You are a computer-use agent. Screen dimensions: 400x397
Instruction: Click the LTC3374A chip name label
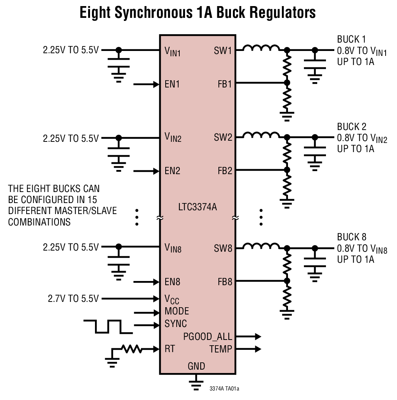pos(198,208)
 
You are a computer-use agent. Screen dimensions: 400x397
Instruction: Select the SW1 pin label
pos(223,50)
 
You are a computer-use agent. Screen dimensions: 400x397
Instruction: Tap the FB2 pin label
pos(225,171)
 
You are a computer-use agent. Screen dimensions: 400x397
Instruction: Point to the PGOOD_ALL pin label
pos(207,337)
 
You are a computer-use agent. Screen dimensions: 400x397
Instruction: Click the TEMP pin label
pos(220,349)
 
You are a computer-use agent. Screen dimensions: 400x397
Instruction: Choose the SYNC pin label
pos(176,324)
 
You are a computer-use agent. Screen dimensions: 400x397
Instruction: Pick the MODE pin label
pos(177,311)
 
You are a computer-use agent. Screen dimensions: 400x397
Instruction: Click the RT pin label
pos(170,349)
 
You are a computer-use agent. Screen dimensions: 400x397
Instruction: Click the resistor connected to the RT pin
pos(131,349)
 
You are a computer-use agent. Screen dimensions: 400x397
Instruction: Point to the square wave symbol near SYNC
pos(108,327)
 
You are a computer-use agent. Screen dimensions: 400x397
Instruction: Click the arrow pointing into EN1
pos(146,84)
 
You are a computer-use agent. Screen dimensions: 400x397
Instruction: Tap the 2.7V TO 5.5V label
pos(73,299)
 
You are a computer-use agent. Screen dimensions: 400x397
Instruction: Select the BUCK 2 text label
pos(352,127)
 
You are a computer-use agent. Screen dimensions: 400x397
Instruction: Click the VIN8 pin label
pos(173,248)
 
